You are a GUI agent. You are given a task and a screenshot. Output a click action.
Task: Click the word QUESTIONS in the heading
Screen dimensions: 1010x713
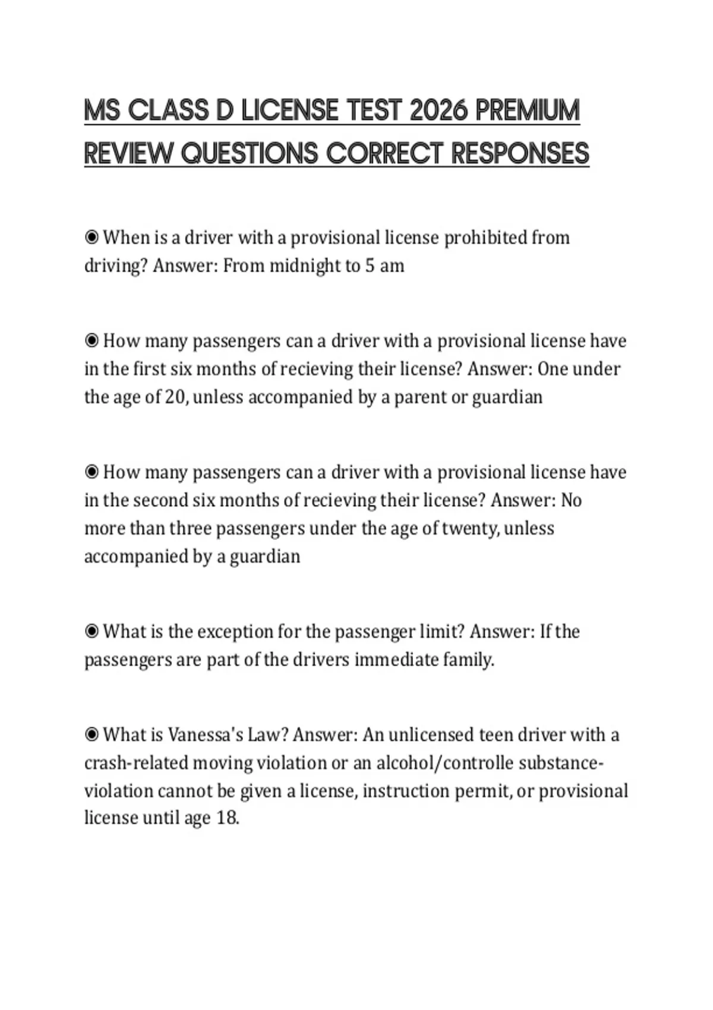249,153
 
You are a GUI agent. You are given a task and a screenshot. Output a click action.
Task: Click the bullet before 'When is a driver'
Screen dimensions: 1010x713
92,238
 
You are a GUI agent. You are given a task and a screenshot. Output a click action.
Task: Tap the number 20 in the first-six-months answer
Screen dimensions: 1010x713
175,397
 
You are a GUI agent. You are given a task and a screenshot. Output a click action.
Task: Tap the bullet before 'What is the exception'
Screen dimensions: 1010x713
92,632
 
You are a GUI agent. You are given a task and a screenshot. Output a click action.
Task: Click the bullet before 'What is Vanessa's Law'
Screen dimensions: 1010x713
92,735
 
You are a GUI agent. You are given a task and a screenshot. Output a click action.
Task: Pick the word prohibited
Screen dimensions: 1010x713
485,238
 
